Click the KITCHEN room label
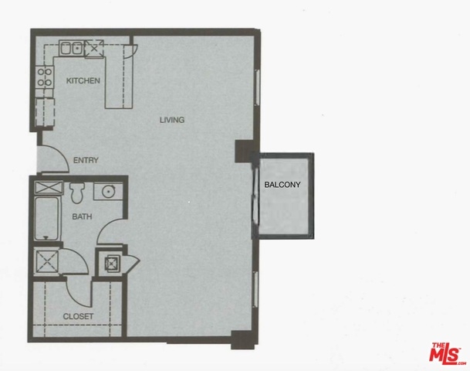pos(83,80)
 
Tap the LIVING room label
pos(172,120)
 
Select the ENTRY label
pos(86,160)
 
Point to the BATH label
pos(82,216)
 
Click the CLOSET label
pos(78,316)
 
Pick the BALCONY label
pos(282,185)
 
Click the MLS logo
pos(446,353)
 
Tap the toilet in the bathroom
pos(77,192)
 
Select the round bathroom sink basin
pos(108,191)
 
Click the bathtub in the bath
pos(46,218)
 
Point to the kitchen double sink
pos(71,48)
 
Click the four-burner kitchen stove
pos(45,77)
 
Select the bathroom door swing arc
pos(106,227)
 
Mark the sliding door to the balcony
pos(255,195)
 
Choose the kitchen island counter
pos(119,77)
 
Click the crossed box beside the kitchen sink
pos(94,49)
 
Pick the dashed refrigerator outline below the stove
pos(45,112)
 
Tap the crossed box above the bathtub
pos(49,188)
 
